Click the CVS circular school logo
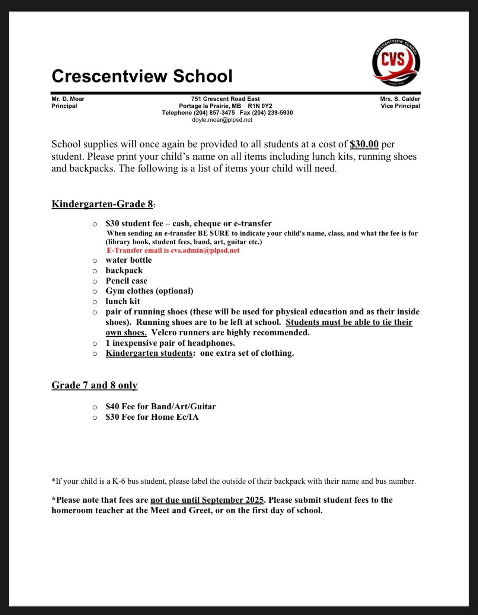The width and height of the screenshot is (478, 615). click(396, 62)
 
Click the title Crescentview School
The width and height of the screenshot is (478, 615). click(142, 76)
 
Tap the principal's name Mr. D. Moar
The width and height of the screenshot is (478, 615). click(68, 99)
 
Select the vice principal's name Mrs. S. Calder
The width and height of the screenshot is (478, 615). click(400, 99)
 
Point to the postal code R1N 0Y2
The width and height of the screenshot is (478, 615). click(260, 106)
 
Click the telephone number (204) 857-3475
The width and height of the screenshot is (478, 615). click(214, 113)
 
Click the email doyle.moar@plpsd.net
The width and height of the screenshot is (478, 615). click(222, 120)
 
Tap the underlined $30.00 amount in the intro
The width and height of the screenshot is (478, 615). click(364, 144)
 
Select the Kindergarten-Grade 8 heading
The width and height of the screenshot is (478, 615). click(102, 204)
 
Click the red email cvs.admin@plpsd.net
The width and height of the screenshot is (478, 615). click(205, 250)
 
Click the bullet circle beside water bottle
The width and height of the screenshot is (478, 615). click(95, 261)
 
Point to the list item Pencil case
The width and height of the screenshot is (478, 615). click(127, 281)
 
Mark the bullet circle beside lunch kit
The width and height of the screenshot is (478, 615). click(95, 302)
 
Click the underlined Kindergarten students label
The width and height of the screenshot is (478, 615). click(149, 353)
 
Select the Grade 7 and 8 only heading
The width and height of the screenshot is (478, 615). click(95, 385)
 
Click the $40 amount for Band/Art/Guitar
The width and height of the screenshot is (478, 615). click(112, 407)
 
